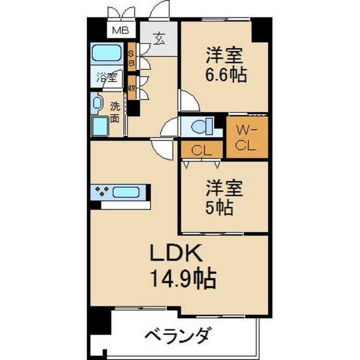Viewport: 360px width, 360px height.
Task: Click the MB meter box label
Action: [x=121, y=31]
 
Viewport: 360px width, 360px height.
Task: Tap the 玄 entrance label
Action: [x=159, y=38]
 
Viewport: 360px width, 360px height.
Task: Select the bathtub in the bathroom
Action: [x=107, y=53]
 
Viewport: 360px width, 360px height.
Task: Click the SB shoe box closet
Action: [x=131, y=57]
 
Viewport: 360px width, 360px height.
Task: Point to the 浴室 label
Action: [x=107, y=77]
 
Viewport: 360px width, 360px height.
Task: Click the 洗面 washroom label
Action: [x=115, y=112]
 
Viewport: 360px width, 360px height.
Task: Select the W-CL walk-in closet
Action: [x=247, y=137]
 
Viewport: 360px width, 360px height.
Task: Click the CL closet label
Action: [x=202, y=151]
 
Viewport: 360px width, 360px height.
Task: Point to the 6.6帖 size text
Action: [x=226, y=74]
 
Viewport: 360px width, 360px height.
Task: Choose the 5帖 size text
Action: [x=219, y=208]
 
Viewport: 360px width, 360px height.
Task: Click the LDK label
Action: [x=176, y=253]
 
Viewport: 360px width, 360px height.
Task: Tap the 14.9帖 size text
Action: [x=183, y=279]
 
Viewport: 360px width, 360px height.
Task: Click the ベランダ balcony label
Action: [x=177, y=335]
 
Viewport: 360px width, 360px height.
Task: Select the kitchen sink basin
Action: [x=126, y=193]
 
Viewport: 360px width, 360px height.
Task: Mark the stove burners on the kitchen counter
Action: [x=102, y=191]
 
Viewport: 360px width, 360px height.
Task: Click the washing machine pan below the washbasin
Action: [x=100, y=126]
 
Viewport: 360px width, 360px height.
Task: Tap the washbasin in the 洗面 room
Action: [x=97, y=103]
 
